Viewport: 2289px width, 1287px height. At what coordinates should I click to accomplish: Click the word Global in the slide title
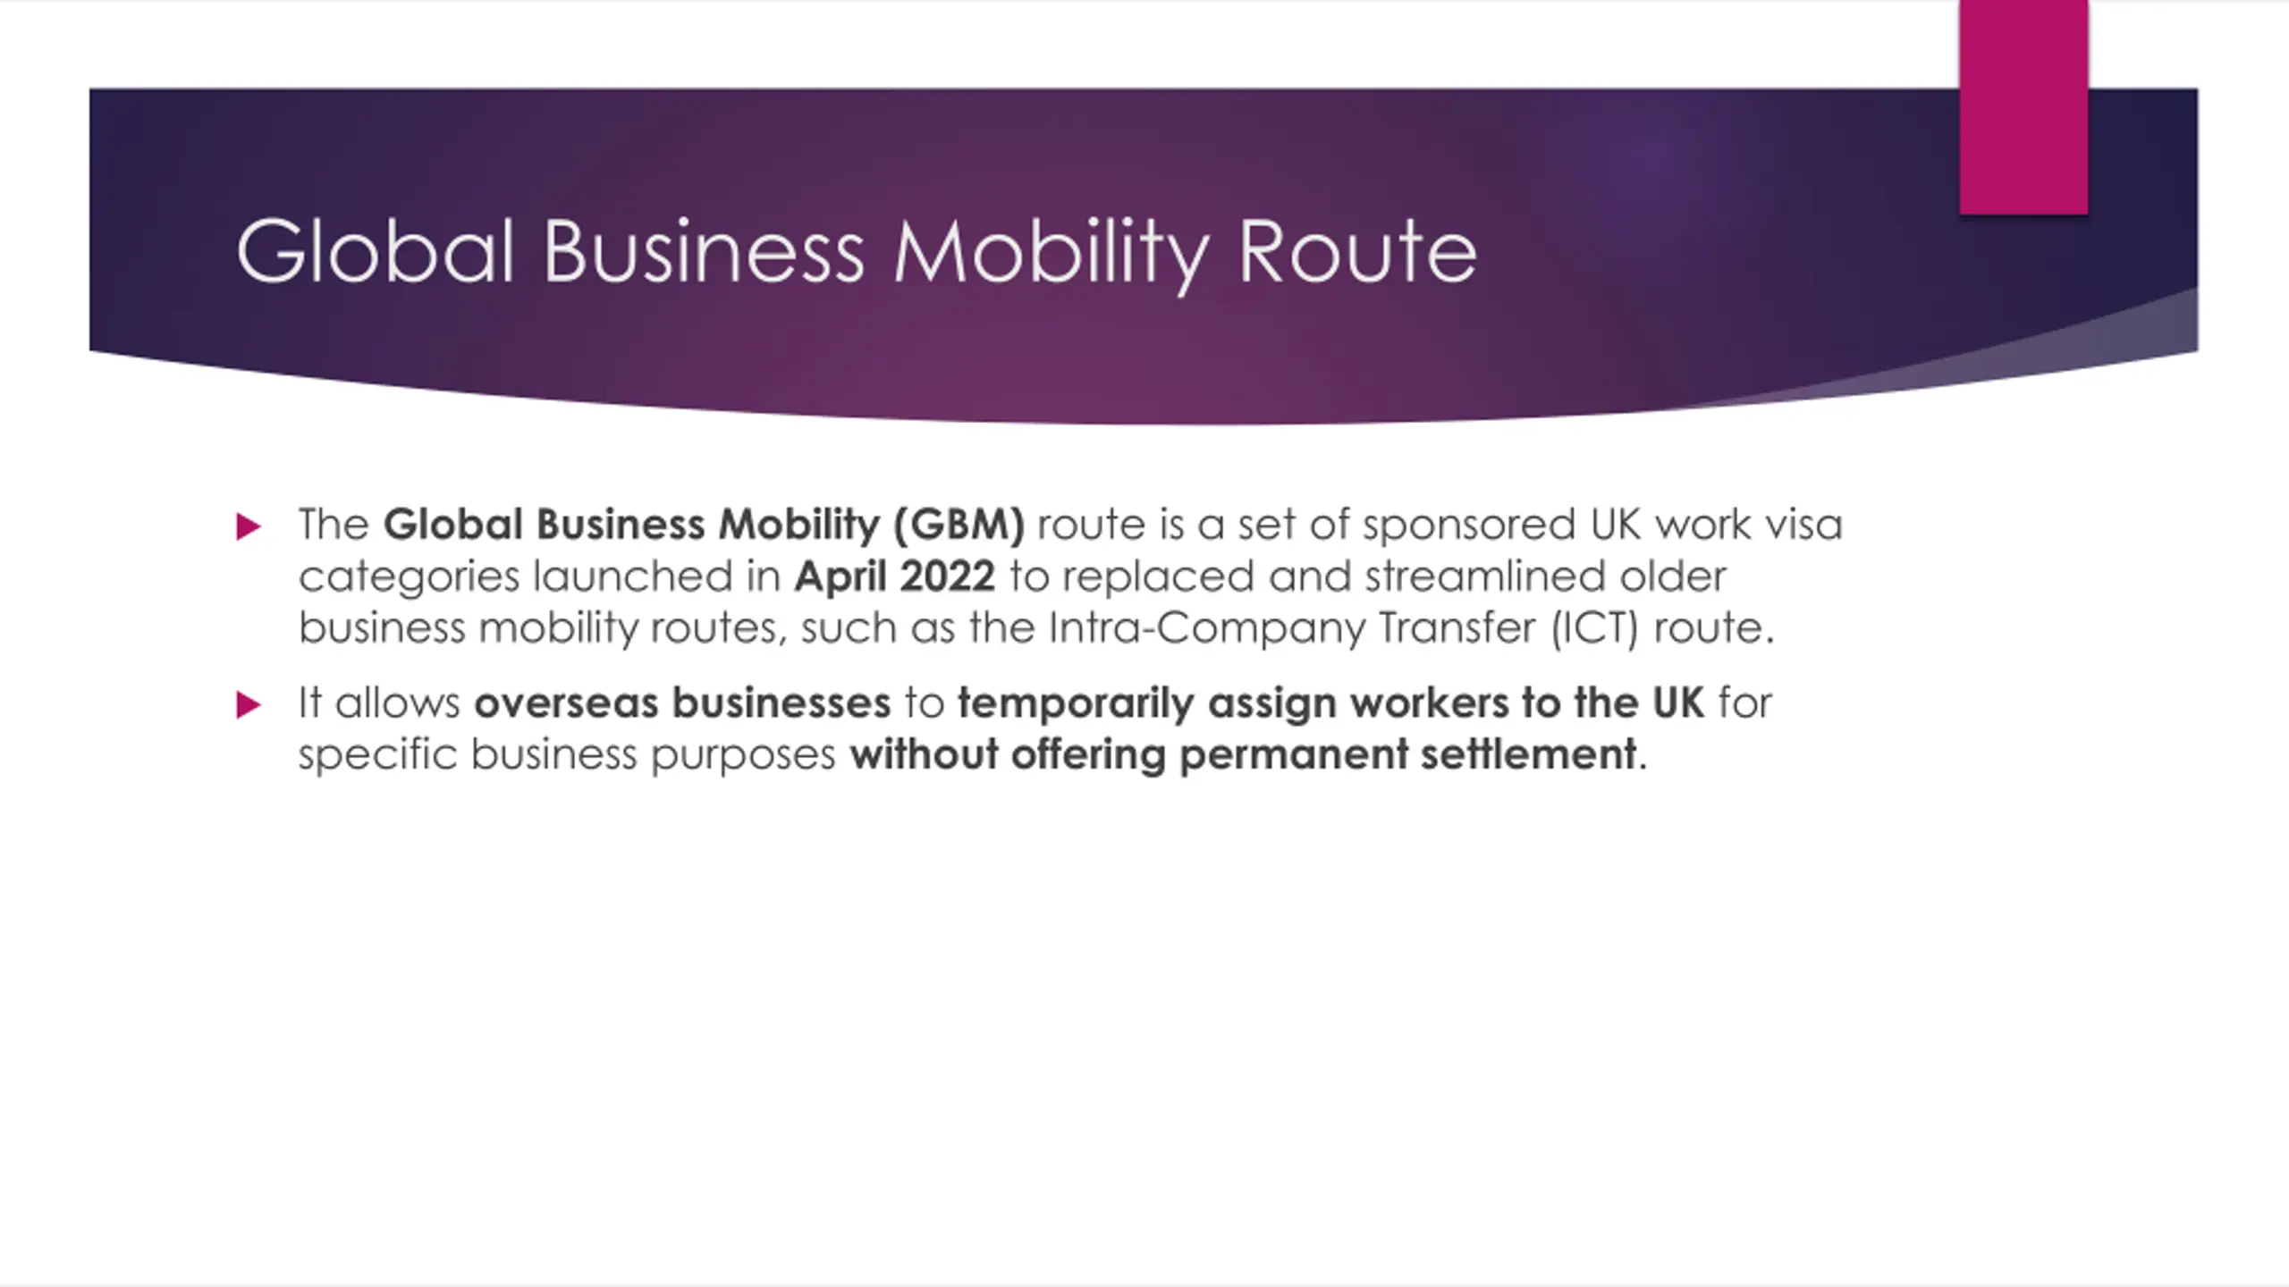pos(376,252)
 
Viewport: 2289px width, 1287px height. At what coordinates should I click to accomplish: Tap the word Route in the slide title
pos(1357,252)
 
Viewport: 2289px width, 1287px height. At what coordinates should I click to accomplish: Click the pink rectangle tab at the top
pos(2023,107)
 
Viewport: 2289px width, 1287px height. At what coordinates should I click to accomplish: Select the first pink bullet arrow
pos(249,526)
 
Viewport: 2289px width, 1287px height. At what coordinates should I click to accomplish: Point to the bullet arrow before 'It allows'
pos(249,705)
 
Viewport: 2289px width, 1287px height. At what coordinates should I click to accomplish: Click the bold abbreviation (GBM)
pos(959,526)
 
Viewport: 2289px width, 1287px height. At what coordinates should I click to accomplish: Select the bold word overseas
pos(566,703)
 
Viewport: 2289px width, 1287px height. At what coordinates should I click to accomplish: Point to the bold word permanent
pos(1294,756)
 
